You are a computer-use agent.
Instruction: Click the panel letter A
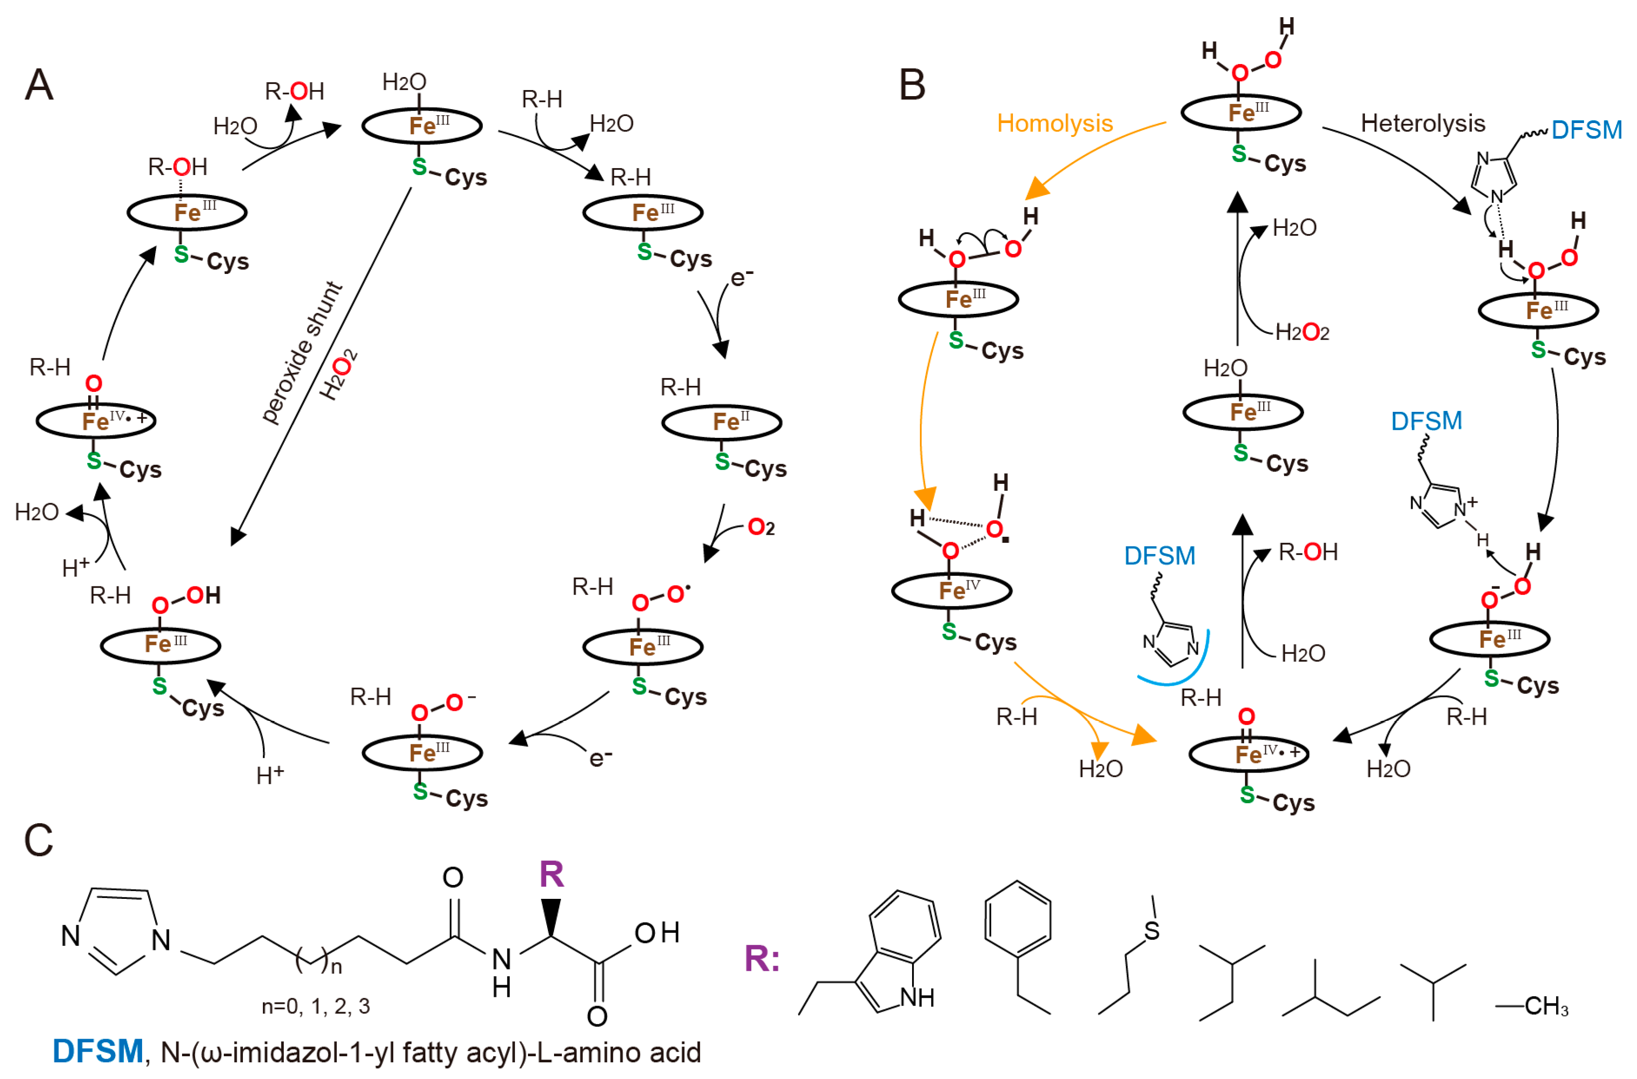(x=39, y=85)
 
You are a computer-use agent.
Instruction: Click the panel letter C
(x=39, y=840)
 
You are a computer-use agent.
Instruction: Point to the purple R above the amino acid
(x=551, y=875)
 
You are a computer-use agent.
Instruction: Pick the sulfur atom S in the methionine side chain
(x=1152, y=931)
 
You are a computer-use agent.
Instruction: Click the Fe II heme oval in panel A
(x=721, y=422)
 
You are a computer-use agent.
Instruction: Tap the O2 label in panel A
(x=760, y=528)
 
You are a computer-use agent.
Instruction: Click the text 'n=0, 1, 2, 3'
(x=315, y=1006)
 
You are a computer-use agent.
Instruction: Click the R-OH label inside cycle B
(x=1307, y=552)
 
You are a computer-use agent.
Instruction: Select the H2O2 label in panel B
(x=1302, y=332)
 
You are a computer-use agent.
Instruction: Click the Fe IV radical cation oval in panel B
(x=1247, y=754)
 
